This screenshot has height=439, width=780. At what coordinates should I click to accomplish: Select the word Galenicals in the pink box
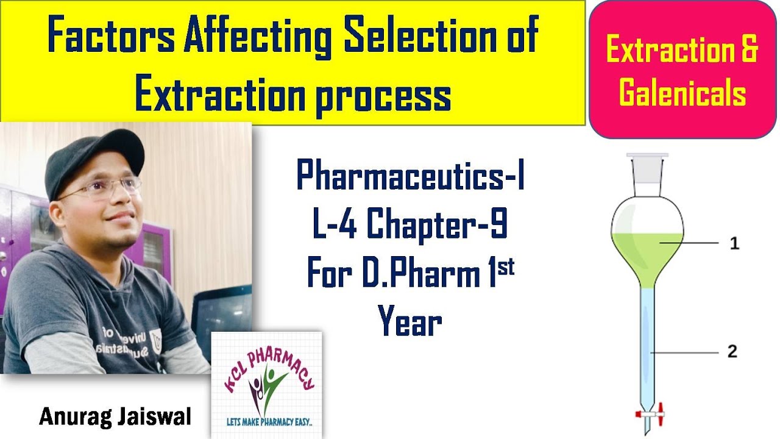click(682, 93)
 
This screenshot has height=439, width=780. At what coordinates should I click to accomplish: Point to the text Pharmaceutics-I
click(411, 177)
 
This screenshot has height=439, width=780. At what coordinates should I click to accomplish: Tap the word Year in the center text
click(409, 323)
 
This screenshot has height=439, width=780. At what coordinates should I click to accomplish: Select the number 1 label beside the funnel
click(734, 244)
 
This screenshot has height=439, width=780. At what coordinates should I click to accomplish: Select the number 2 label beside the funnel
click(732, 352)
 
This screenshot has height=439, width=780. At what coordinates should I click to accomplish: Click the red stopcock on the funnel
click(650, 415)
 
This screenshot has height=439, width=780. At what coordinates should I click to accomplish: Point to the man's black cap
click(91, 155)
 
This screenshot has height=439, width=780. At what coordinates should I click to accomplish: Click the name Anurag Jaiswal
click(115, 418)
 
